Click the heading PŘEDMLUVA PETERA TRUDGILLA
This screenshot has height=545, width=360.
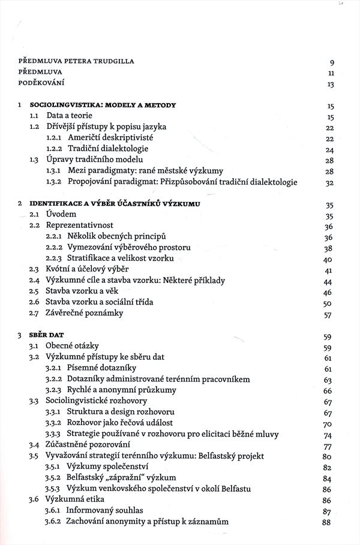coord(76,61)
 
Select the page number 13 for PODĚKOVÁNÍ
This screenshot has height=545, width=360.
coord(330,85)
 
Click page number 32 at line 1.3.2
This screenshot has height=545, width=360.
coord(329,182)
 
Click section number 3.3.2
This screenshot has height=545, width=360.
coord(55,423)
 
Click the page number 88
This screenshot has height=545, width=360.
coord(327,522)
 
